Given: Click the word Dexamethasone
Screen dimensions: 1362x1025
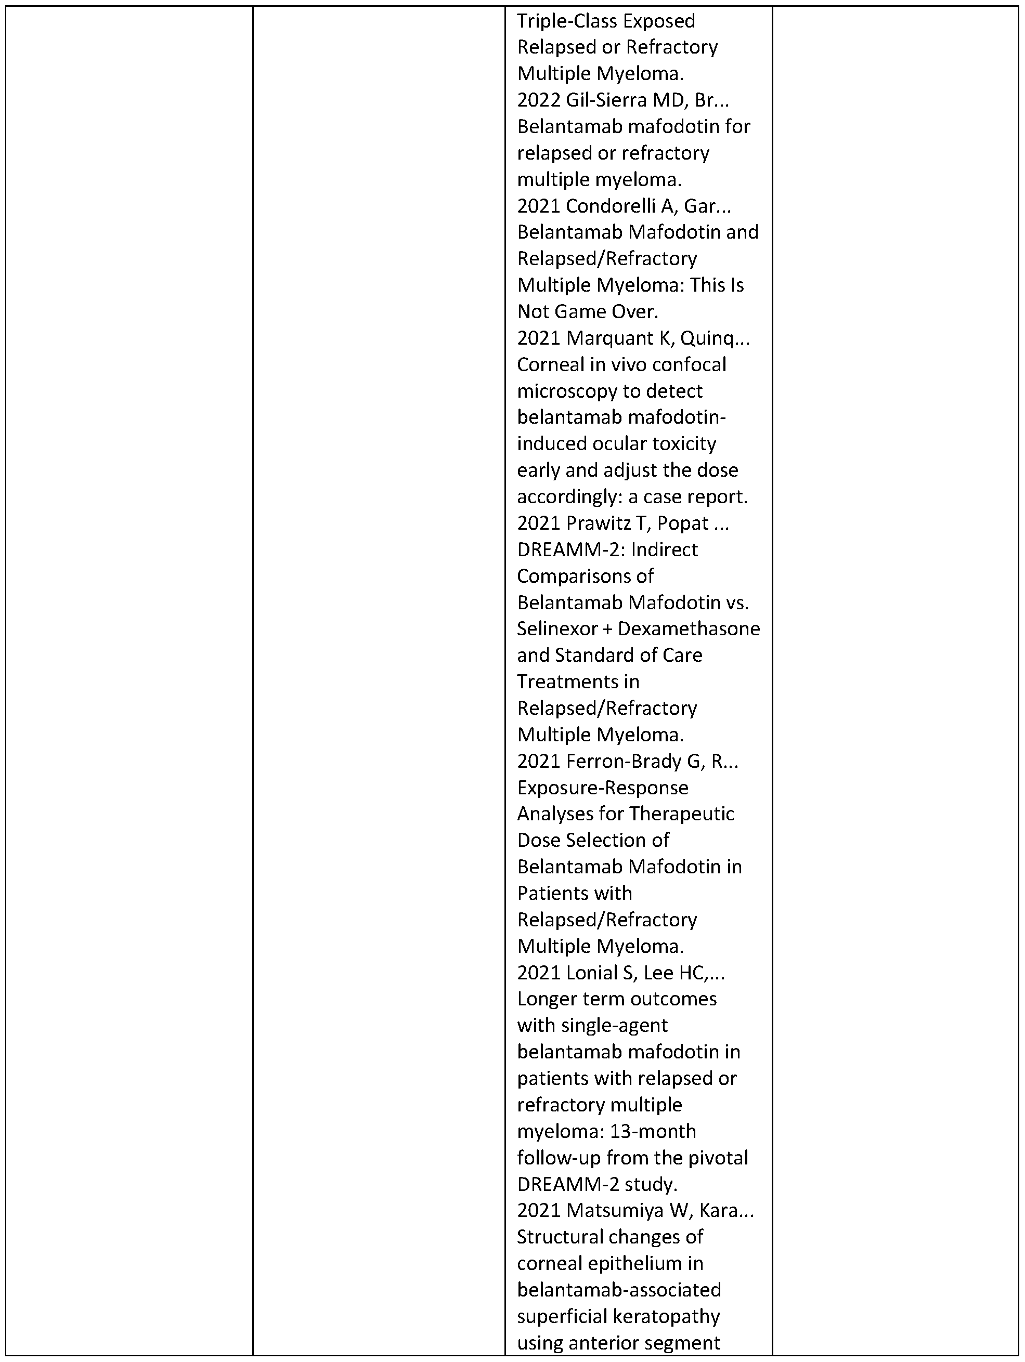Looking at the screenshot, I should (689, 628).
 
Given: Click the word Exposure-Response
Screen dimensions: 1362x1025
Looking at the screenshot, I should (602, 788).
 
